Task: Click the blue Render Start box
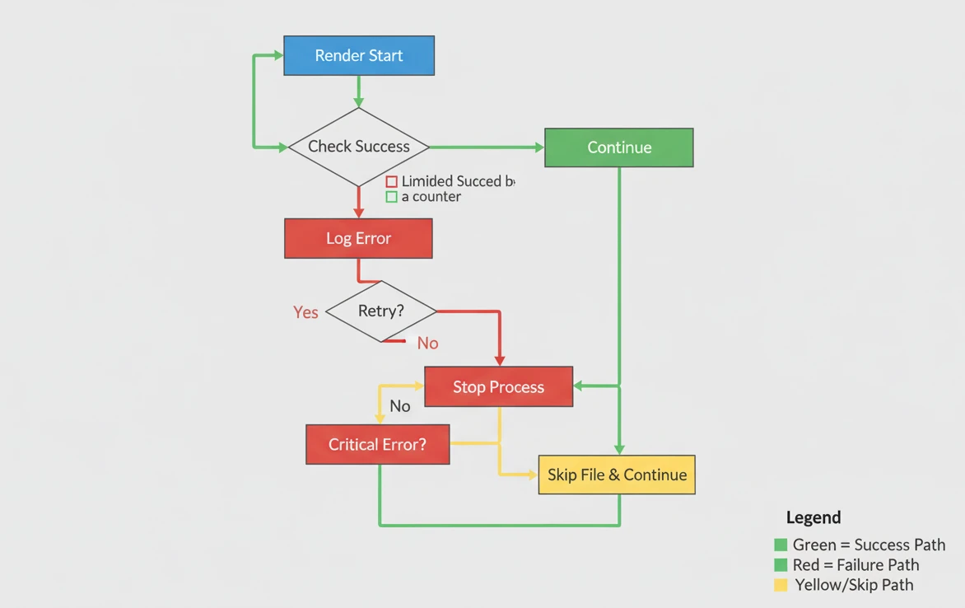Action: [x=358, y=56]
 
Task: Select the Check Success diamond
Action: [x=358, y=147]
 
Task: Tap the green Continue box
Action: [x=618, y=147]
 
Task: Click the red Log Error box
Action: [x=358, y=238]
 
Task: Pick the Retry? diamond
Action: [x=380, y=311]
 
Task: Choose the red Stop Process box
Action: [x=498, y=386]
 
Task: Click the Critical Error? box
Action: [x=377, y=444]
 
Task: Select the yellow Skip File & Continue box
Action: [x=616, y=475]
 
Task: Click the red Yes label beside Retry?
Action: [x=305, y=312]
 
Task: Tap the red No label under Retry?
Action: [x=427, y=343]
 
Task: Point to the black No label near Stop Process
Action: [x=400, y=406]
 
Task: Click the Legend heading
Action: [x=813, y=517]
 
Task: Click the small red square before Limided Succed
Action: [x=392, y=181]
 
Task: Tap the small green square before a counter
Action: [x=392, y=197]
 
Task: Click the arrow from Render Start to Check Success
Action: [x=358, y=91]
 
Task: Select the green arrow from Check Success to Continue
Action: [x=486, y=147]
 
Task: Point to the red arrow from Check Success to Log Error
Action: [x=358, y=202]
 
